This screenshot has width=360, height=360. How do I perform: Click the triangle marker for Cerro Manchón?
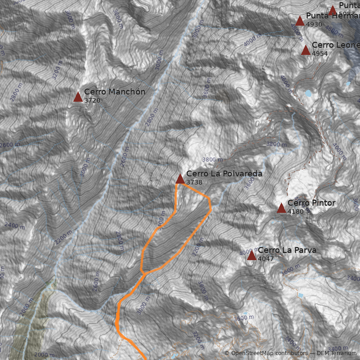[x=78, y=97]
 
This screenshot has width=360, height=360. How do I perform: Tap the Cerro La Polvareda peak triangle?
[x=180, y=179]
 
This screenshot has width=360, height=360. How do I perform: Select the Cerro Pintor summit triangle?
[x=281, y=208]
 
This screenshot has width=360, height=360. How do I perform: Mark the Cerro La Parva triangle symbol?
[x=252, y=256]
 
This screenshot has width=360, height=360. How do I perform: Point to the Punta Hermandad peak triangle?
[x=300, y=21]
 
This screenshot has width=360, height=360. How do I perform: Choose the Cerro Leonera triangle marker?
[x=306, y=50]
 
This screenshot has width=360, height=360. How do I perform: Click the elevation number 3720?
[x=92, y=100]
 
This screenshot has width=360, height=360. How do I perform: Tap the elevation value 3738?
[x=194, y=182]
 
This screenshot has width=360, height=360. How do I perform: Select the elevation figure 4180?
[x=296, y=211]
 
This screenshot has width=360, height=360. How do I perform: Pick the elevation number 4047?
[x=266, y=259]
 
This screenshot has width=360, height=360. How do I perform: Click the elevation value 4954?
[x=319, y=54]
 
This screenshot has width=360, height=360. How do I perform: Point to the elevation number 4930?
[x=314, y=24]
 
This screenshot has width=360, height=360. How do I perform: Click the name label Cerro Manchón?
[x=115, y=92]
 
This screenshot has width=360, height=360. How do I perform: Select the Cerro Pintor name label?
[x=311, y=203]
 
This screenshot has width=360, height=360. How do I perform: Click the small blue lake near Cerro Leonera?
[x=308, y=94]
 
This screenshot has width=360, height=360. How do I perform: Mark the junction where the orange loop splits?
[x=143, y=273]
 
